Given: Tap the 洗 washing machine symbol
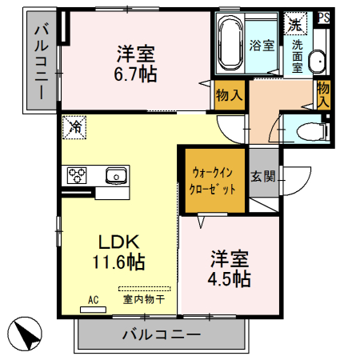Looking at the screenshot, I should pyautogui.click(x=296, y=24).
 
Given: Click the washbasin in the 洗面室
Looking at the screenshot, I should pyautogui.click(x=317, y=61).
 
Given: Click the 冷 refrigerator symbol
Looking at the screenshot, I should pyautogui.click(x=76, y=126).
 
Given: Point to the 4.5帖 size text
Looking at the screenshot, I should pyautogui.click(x=230, y=279).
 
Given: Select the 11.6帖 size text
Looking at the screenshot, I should pyautogui.click(x=121, y=262).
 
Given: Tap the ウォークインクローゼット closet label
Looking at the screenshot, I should pyautogui.click(x=213, y=181).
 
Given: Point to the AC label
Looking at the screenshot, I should pyautogui.click(x=93, y=300).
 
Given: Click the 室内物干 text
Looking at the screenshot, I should pyautogui.click(x=144, y=299).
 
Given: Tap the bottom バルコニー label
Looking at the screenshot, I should pyautogui.click(x=161, y=334).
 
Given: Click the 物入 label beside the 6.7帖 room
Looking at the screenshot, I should pyautogui.click(x=229, y=96).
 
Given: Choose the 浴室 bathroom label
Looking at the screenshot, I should pyautogui.click(x=261, y=46).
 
